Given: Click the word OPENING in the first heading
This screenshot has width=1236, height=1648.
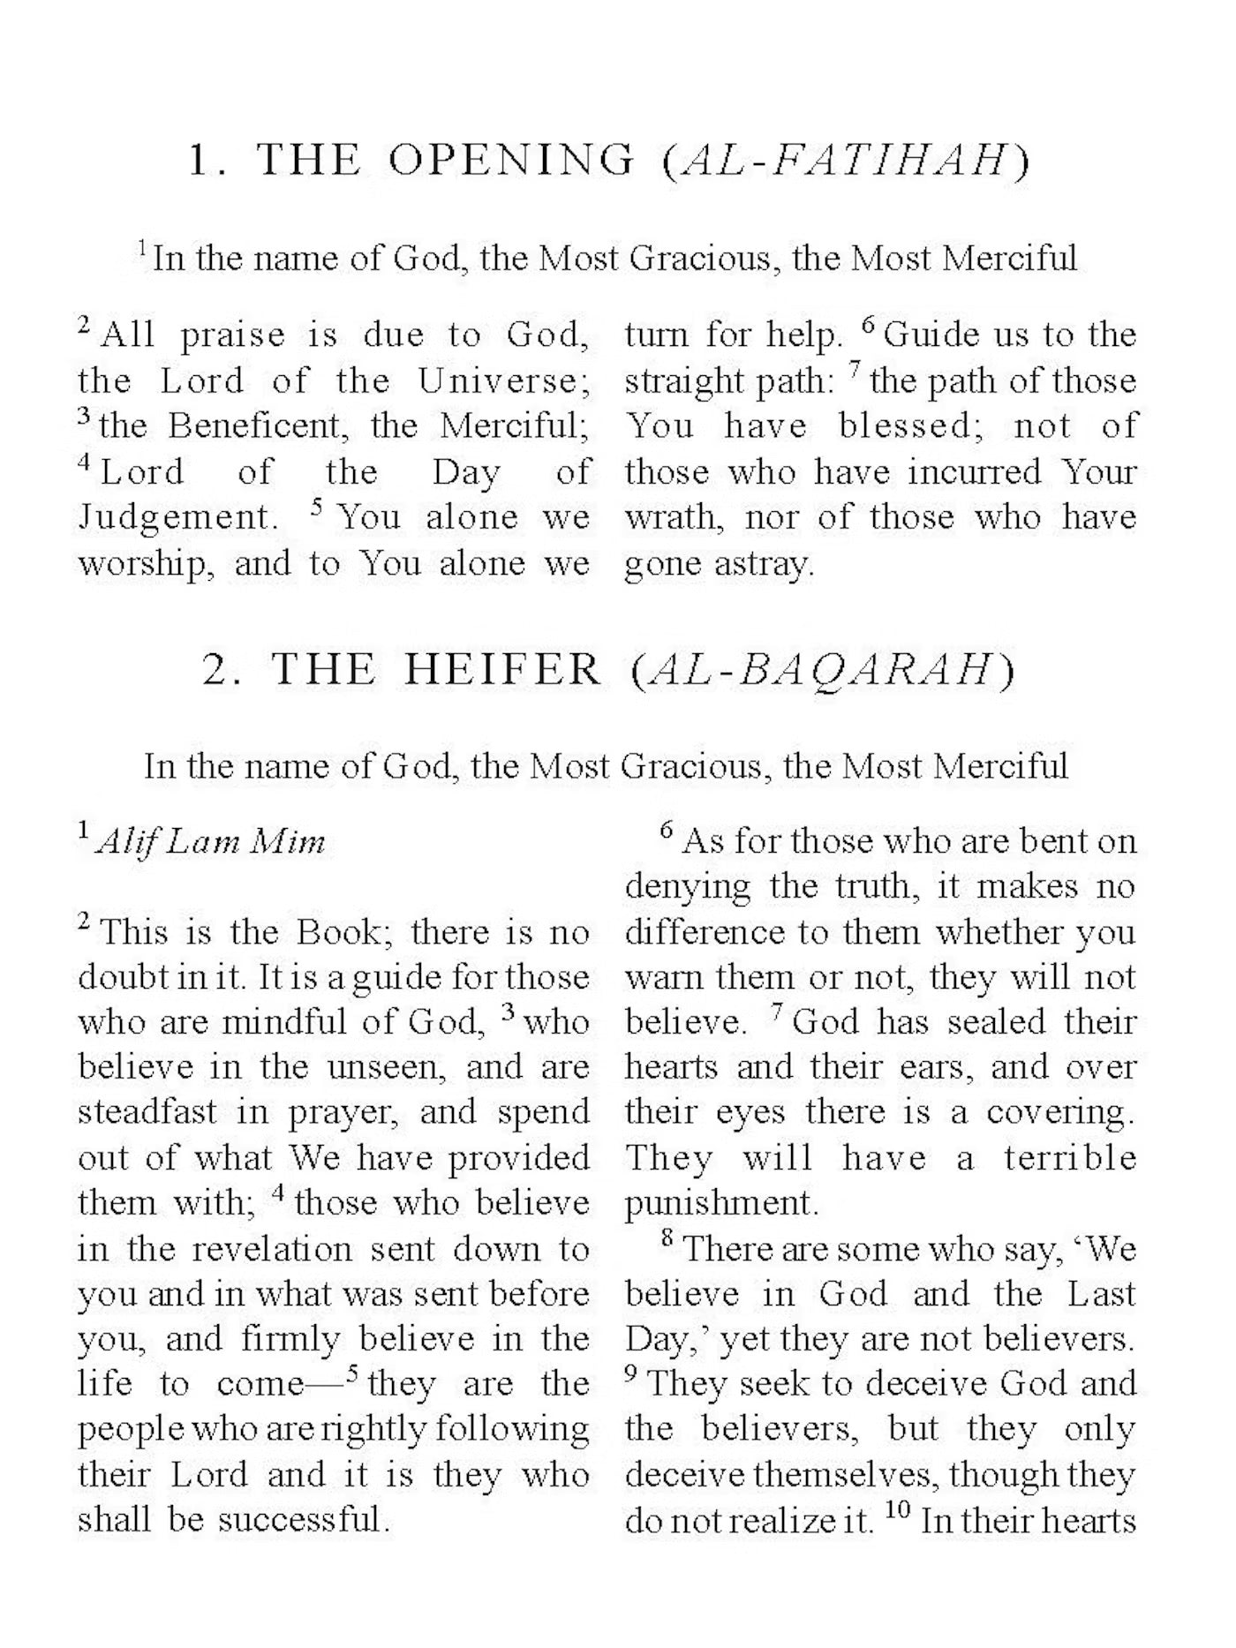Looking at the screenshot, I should (511, 161).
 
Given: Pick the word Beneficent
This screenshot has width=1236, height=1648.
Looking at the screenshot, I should (254, 426).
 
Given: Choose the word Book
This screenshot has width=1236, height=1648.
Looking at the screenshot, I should (343, 932).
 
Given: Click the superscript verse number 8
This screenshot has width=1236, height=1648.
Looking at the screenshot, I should (668, 1239).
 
